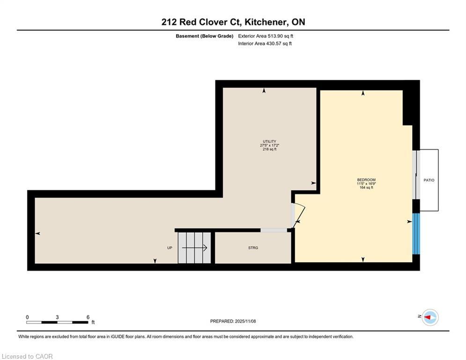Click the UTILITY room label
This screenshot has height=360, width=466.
[x=269, y=142]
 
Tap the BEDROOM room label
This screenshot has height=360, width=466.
[x=366, y=180]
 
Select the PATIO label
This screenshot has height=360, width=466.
[x=429, y=180]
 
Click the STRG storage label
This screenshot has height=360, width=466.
[x=253, y=248]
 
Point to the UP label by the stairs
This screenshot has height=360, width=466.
[x=170, y=248]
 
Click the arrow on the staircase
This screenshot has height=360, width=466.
[x=194, y=248]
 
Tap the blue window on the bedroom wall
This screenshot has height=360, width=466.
[x=416, y=234]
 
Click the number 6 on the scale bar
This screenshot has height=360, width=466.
[x=88, y=317]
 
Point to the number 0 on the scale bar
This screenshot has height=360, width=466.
[x=27, y=317]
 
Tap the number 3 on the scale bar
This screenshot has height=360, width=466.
[x=57, y=317]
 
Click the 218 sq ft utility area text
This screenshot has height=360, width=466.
[x=269, y=150]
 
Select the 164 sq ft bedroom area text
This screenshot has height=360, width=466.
[x=366, y=188]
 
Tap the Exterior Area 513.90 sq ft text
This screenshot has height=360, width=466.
[x=266, y=36]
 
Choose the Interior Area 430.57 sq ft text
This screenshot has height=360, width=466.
[x=265, y=44]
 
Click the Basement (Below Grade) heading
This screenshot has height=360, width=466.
[x=205, y=36]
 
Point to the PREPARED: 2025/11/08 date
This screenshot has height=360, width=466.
[x=233, y=321]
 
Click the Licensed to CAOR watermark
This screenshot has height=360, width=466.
[x=27, y=356]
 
